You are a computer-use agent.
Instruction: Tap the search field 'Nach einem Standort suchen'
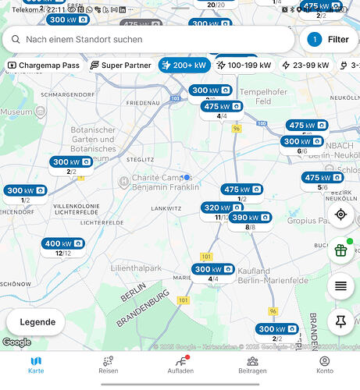[x=148, y=39]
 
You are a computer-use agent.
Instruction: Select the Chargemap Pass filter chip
[x=44, y=66]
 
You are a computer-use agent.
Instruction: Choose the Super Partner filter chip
[x=121, y=66]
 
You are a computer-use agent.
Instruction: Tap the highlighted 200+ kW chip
[x=184, y=66]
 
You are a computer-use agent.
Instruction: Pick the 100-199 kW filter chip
[x=244, y=66]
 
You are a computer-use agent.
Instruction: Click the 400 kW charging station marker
[x=63, y=244]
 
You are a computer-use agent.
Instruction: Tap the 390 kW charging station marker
[x=250, y=218]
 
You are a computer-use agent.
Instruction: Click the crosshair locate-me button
[x=340, y=214]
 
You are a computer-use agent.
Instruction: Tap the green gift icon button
[x=340, y=250]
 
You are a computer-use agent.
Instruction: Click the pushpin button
[x=340, y=321]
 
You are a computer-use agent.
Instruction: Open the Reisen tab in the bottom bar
[x=108, y=365]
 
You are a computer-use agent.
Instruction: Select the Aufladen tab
[x=181, y=365]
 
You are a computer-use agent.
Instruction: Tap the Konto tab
[x=324, y=365]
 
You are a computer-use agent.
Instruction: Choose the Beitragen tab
[x=252, y=365]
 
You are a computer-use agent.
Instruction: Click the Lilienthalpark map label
[x=136, y=268]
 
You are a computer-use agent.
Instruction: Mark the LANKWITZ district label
[x=166, y=209]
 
